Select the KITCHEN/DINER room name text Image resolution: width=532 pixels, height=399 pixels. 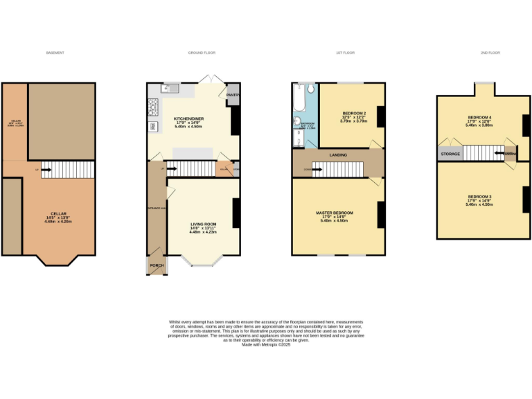point(188,118)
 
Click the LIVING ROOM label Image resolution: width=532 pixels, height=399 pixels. point(204,224)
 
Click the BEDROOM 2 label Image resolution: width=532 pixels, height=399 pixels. point(354,112)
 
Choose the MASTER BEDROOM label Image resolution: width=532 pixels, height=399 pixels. point(335,212)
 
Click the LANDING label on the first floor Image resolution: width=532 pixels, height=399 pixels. point(339,155)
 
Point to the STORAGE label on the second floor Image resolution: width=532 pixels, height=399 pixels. point(450,154)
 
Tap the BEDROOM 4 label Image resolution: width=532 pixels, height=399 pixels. point(480,117)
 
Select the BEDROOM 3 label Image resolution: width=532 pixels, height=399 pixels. point(480,196)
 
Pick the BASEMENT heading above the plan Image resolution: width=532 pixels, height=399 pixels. point(55,53)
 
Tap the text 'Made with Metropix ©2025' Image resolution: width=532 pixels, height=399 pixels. point(266,344)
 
